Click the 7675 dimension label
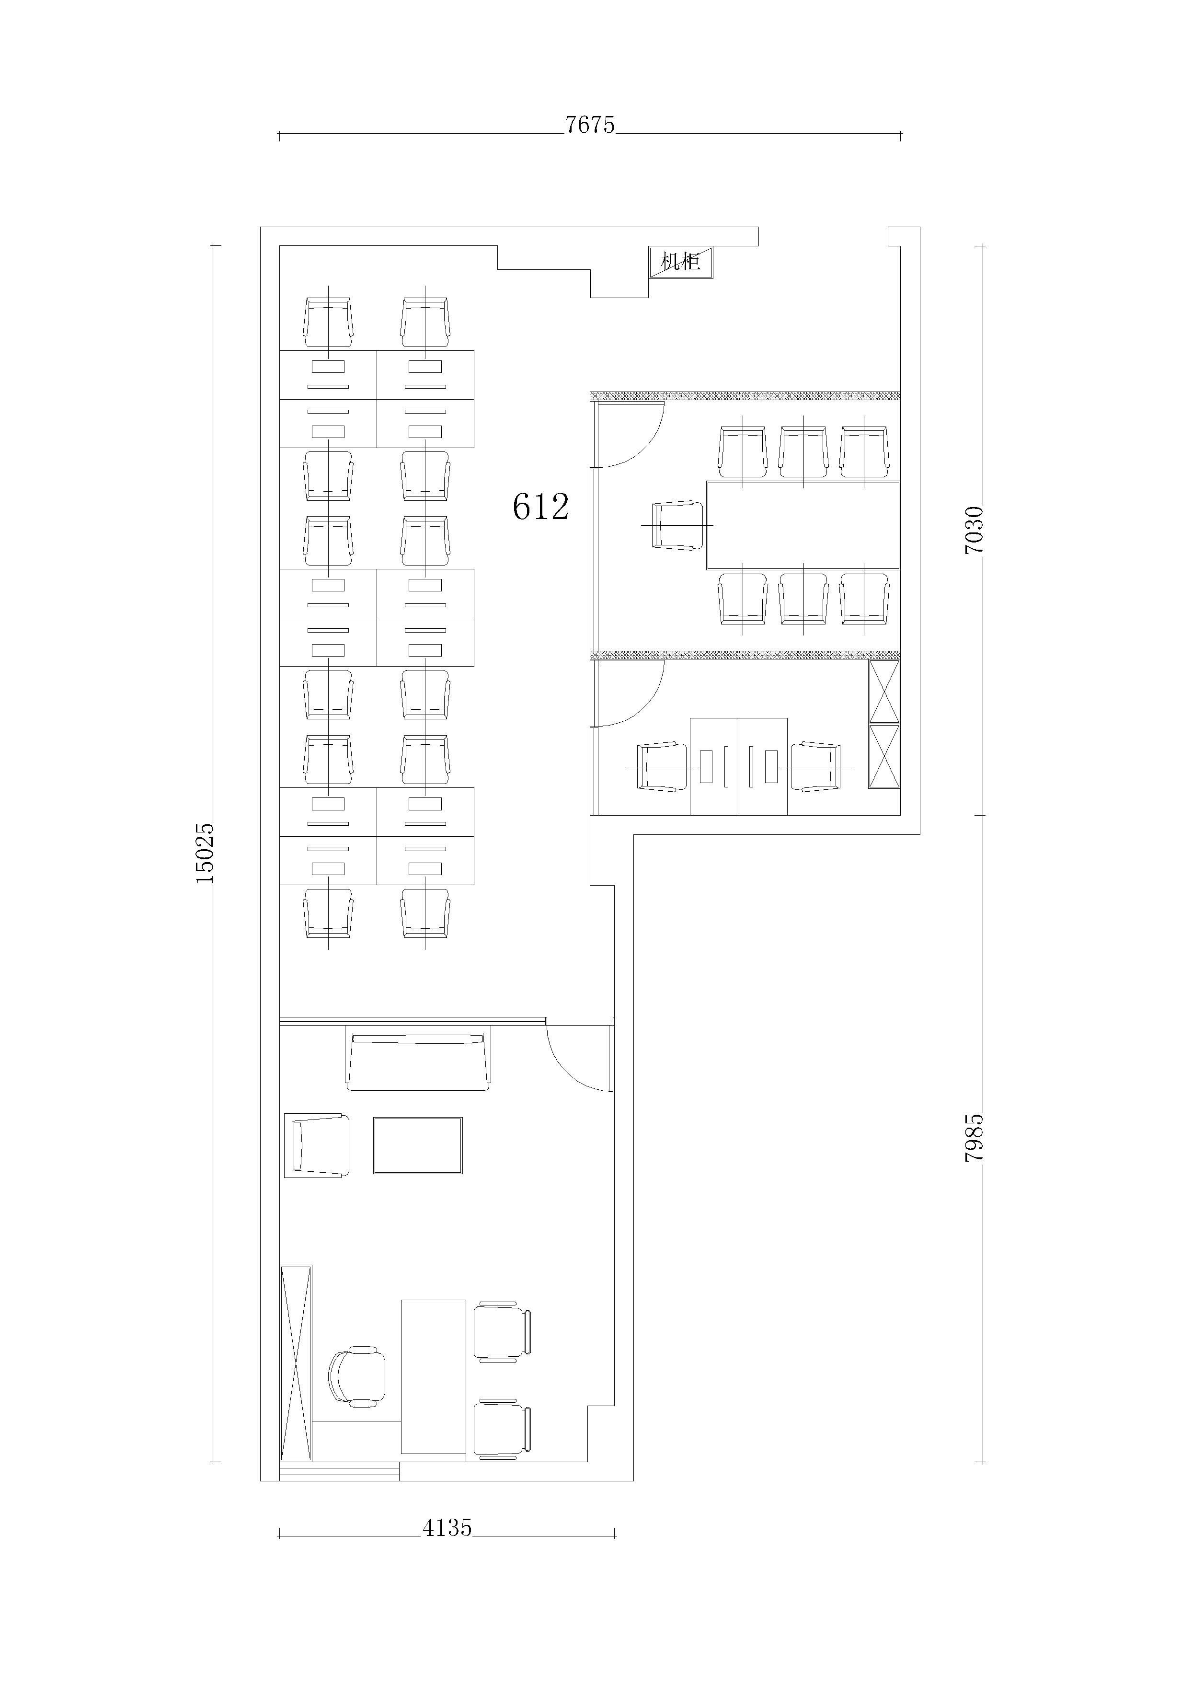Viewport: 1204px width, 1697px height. [x=590, y=125]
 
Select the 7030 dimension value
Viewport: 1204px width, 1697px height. [x=974, y=530]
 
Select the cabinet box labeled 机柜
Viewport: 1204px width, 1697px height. [x=681, y=263]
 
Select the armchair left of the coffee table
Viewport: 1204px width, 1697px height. [x=317, y=1145]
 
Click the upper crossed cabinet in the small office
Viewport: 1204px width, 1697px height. [x=884, y=692]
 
